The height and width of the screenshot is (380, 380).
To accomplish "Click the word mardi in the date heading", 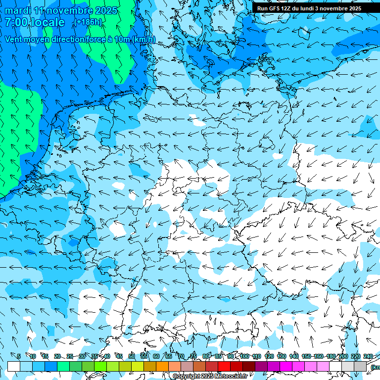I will pyautogui.click(x=18, y=10).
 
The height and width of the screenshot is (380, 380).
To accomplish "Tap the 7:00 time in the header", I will pyautogui.click(x=16, y=22).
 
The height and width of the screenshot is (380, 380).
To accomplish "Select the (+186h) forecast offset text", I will pyautogui.click(x=88, y=22).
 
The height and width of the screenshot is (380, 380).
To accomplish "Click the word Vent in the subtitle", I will pyautogui.click(x=15, y=39).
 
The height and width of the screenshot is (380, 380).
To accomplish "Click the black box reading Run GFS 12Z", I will pyautogui.click(x=309, y=8).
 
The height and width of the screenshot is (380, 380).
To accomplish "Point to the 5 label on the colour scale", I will pyautogui.click(x=19, y=356).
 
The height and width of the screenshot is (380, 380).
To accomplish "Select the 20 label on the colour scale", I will pyautogui.click(x=57, y=356).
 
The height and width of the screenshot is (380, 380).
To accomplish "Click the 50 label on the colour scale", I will pyautogui.click(x=132, y=356).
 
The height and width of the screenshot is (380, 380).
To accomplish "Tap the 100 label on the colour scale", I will pyautogui.click(x=244, y=356).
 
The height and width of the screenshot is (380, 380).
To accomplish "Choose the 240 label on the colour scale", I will pyautogui.click(x=368, y=356).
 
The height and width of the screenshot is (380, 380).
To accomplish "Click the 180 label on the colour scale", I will pyautogui.click(x=330, y=356).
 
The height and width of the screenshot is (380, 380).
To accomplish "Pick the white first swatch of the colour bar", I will pyautogui.click(x=14, y=366).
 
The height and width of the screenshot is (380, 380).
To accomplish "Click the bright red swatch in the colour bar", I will pyautogui.click(x=224, y=366).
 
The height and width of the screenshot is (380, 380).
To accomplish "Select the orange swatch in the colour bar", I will pyautogui.click(x=162, y=366).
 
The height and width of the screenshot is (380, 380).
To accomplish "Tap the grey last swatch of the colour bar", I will pyautogui.click(x=360, y=366).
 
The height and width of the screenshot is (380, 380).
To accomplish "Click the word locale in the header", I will pyautogui.click(x=47, y=22).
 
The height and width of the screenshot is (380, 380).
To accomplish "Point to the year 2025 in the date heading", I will pyautogui.click(x=105, y=10).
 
